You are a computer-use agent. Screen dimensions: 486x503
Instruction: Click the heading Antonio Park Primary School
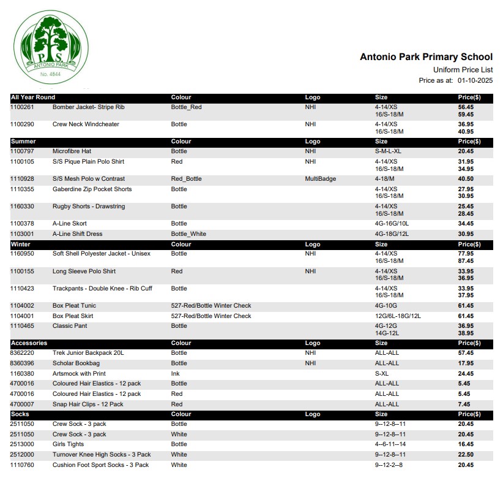[426, 57]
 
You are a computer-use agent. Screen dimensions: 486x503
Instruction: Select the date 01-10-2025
[475, 80]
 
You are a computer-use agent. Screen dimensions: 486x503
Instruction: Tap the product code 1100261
[23, 107]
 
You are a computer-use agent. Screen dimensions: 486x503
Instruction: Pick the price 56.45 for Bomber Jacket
[466, 107]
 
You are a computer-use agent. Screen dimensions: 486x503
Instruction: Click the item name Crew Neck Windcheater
[86, 124]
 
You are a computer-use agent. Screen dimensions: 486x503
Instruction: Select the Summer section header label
[23, 142]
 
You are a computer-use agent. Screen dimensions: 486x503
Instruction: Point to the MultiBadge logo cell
[320, 179]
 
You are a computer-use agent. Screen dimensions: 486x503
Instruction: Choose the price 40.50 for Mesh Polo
[466, 179]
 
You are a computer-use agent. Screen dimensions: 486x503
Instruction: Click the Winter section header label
[21, 244]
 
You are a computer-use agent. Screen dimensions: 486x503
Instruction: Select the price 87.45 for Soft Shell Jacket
[466, 261]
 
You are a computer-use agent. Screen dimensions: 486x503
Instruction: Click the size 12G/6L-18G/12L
[398, 316]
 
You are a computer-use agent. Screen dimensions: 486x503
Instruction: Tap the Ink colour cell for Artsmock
[175, 373]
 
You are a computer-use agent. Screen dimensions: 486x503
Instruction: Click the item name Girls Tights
[69, 444]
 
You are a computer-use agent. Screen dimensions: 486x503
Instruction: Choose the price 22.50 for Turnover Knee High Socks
[466, 455]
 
